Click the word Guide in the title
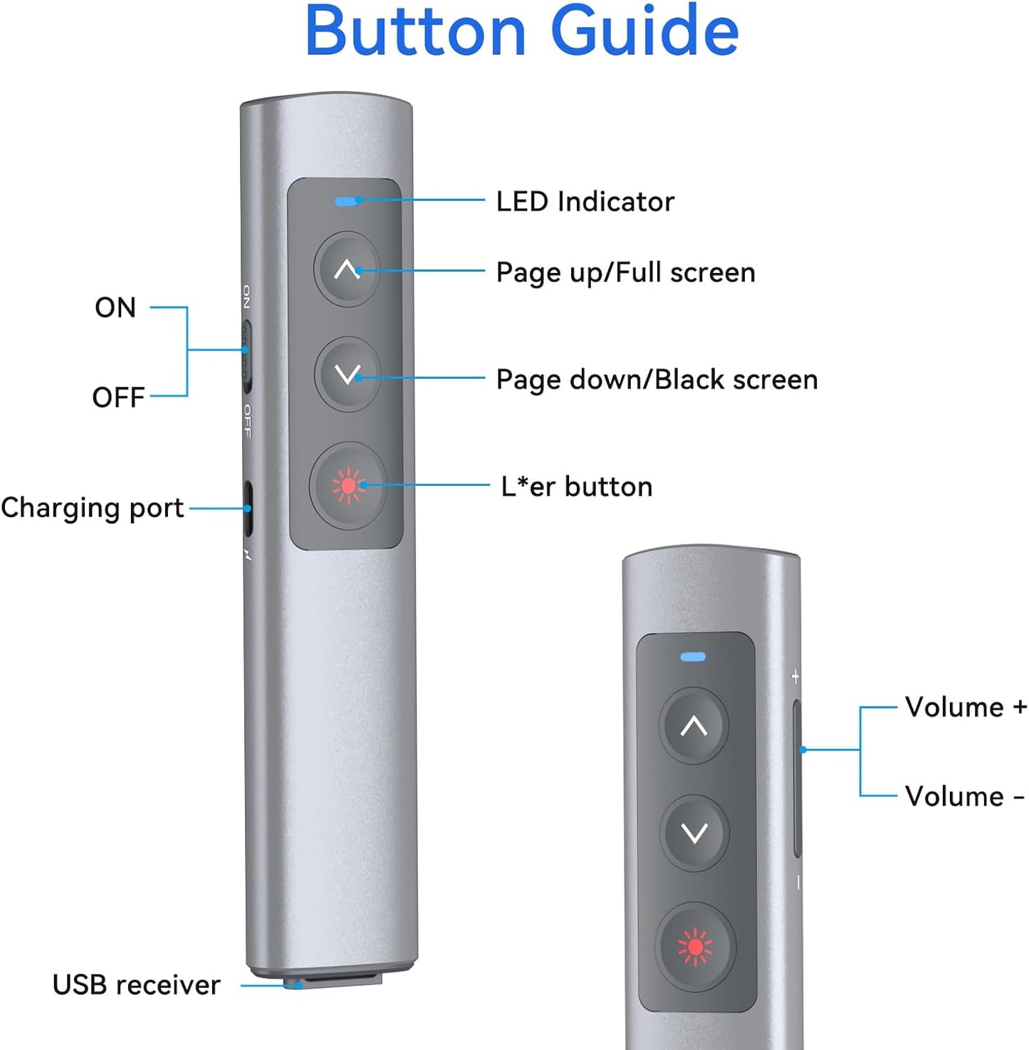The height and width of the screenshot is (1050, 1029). (644, 32)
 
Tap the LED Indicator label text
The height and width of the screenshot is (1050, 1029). (585, 202)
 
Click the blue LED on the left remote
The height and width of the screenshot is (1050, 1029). (346, 202)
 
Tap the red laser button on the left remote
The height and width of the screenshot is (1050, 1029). (348, 486)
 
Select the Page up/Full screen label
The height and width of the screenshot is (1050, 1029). (625, 273)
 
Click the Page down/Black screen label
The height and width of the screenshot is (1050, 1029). (657, 380)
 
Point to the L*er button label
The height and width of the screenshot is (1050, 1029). (576, 487)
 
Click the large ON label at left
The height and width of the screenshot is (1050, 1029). (115, 308)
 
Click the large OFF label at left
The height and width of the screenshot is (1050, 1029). (118, 397)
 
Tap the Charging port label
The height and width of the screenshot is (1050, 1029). (93, 508)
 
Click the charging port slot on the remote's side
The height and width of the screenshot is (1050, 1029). (248, 509)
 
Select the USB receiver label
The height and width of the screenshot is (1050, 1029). (136, 985)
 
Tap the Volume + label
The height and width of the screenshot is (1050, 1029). (965, 707)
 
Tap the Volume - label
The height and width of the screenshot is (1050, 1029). (963, 796)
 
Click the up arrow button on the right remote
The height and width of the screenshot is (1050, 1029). (694, 726)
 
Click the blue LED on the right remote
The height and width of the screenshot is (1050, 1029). (693, 657)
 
